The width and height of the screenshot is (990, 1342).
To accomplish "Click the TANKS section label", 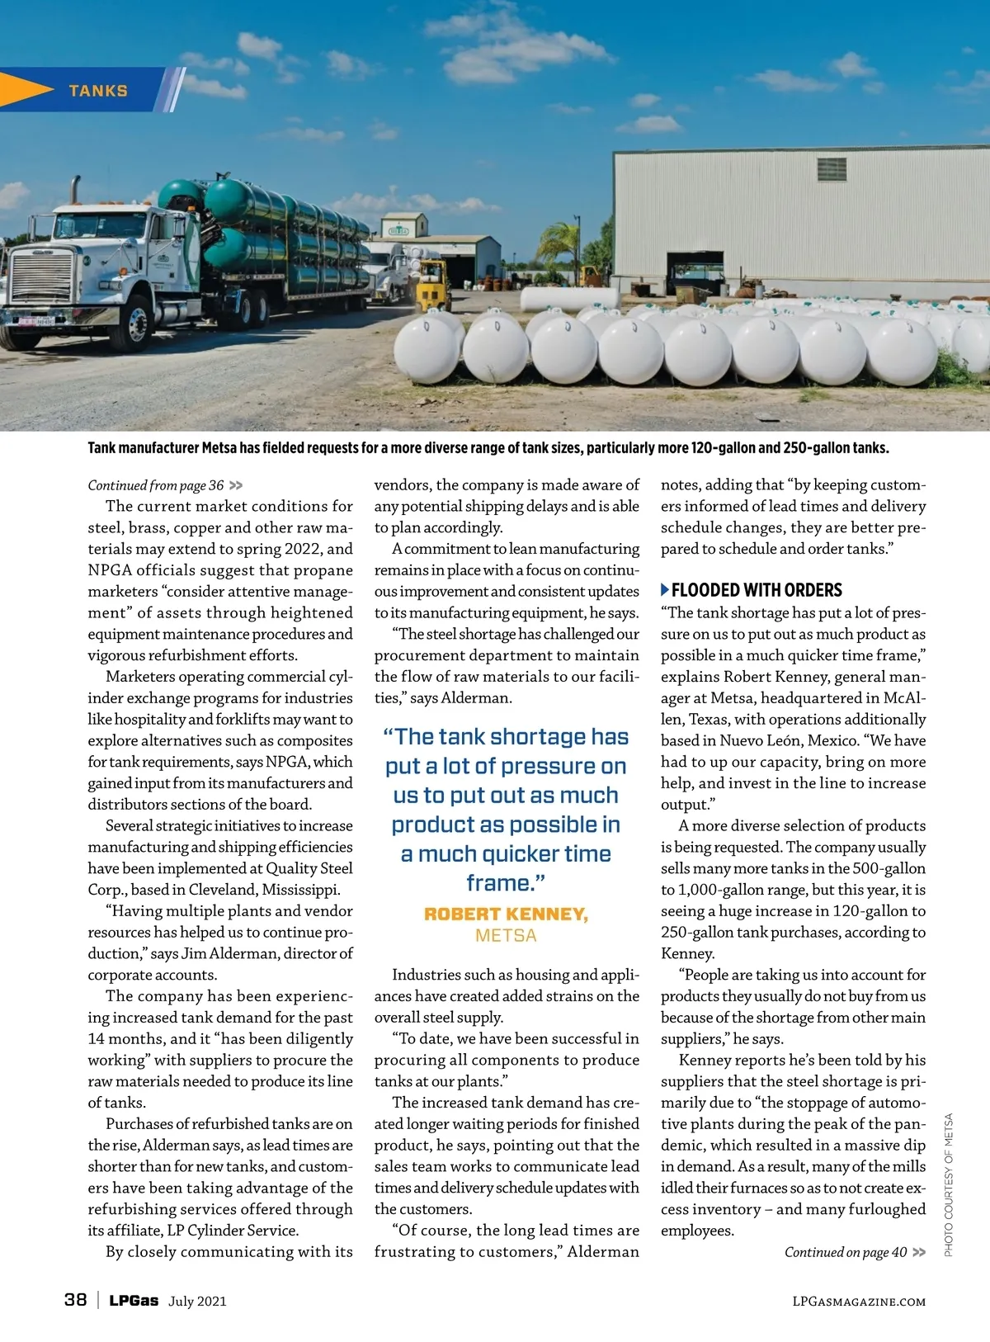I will [98, 91].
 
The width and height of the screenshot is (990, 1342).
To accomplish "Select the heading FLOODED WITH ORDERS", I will [757, 590].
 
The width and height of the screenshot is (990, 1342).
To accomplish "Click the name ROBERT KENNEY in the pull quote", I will [506, 914].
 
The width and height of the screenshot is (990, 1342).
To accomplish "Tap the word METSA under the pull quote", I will [506, 936].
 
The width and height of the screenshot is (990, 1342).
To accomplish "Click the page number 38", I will [75, 1300].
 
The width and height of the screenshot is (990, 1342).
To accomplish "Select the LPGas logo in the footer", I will [134, 1301].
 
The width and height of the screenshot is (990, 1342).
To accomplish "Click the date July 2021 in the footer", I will [197, 1302].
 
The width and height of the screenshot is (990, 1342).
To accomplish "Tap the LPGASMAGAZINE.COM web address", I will [858, 1302].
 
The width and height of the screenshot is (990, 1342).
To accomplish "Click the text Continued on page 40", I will [846, 1252].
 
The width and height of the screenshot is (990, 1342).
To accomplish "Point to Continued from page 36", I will [156, 485].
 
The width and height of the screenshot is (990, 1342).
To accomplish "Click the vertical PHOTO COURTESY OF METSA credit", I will [949, 1184].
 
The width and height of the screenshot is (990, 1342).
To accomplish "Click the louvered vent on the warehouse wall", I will [832, 168].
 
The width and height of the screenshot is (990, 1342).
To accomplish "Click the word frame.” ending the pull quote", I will [506, 883].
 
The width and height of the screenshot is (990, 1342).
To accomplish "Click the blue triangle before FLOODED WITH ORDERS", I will [665, 590].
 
